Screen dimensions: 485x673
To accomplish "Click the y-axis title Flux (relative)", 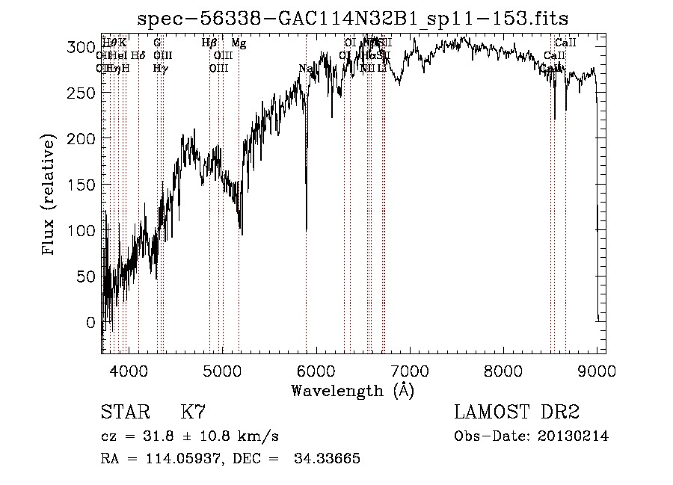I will (x=50, y=197).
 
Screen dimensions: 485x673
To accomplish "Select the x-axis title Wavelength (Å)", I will (x=352, y=390).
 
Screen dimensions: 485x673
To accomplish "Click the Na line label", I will (x=305, y=69).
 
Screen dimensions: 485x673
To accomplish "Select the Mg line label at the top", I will (x=239, y=43).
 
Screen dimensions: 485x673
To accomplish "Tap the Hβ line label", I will (x=209, y=43).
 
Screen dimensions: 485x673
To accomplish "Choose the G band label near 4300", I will (x=157, y=43).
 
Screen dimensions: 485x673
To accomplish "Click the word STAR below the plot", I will (x=123, y=413).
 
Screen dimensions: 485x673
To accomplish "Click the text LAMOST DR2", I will (x=517, y=413).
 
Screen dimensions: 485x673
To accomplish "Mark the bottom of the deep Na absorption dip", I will (x=307, y=229).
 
